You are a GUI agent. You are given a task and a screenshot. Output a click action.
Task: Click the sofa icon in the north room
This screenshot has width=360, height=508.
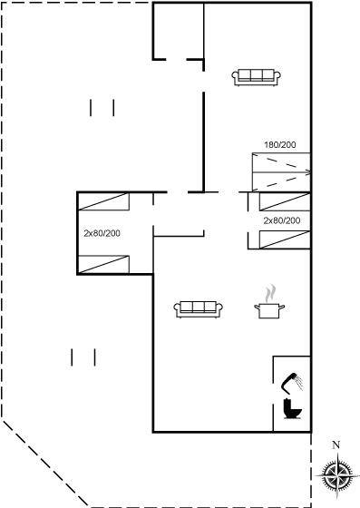tap(256, 77)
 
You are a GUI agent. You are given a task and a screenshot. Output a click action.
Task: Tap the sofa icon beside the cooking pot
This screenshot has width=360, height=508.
tap(198, 309)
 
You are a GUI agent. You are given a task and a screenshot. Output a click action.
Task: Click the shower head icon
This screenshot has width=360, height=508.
tap(292, 382)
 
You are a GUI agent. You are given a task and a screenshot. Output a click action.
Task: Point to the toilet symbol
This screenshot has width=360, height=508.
tap(292, 409)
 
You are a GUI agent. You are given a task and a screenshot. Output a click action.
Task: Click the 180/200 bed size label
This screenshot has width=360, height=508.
tap(280, 145)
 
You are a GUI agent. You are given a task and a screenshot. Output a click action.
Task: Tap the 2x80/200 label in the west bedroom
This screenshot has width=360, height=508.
tap(102, 233)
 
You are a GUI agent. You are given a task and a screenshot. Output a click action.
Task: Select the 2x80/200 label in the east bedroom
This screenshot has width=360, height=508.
tap(282, 220)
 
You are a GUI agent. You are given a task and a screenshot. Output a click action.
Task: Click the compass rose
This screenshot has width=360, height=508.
tap(337, 475)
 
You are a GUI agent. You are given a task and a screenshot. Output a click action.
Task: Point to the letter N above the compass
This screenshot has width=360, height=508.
tap(336, 445)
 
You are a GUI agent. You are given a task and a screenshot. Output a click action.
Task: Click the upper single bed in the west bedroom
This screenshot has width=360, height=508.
tap(103, 201)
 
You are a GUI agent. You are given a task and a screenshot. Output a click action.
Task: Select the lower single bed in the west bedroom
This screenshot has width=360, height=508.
tap(103, 264)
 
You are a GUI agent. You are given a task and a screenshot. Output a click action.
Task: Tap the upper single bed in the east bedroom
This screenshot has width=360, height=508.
tap(285, 201)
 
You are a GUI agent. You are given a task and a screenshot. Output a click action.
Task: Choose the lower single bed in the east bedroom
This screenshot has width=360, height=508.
tap(285, 239)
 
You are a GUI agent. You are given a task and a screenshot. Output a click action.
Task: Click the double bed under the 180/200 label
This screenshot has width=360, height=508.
tap(281, 171)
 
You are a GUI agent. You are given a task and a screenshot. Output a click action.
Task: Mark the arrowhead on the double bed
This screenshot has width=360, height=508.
tap(308, 172)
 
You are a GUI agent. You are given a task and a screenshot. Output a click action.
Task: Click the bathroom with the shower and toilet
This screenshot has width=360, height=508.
tap(292, 394)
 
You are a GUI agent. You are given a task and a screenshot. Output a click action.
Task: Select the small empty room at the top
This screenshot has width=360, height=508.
tap(179, 31)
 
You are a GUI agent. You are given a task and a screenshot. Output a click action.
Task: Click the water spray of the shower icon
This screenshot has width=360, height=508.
tap(300, 383)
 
